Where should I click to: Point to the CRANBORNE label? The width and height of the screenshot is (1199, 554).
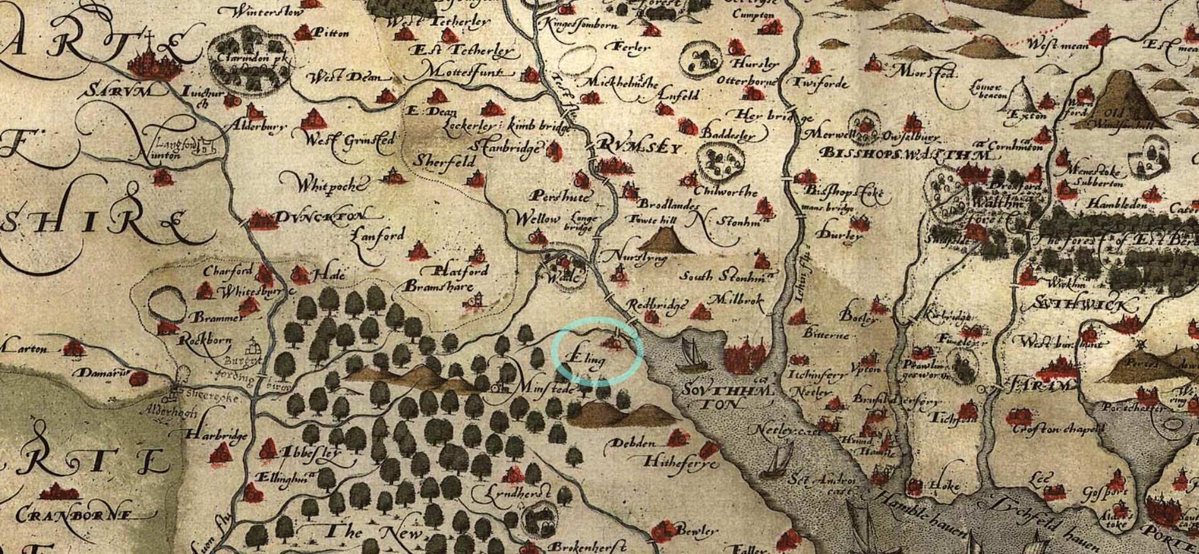tap(74, 515)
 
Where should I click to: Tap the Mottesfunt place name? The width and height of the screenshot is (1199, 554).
tap(469, 71)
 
